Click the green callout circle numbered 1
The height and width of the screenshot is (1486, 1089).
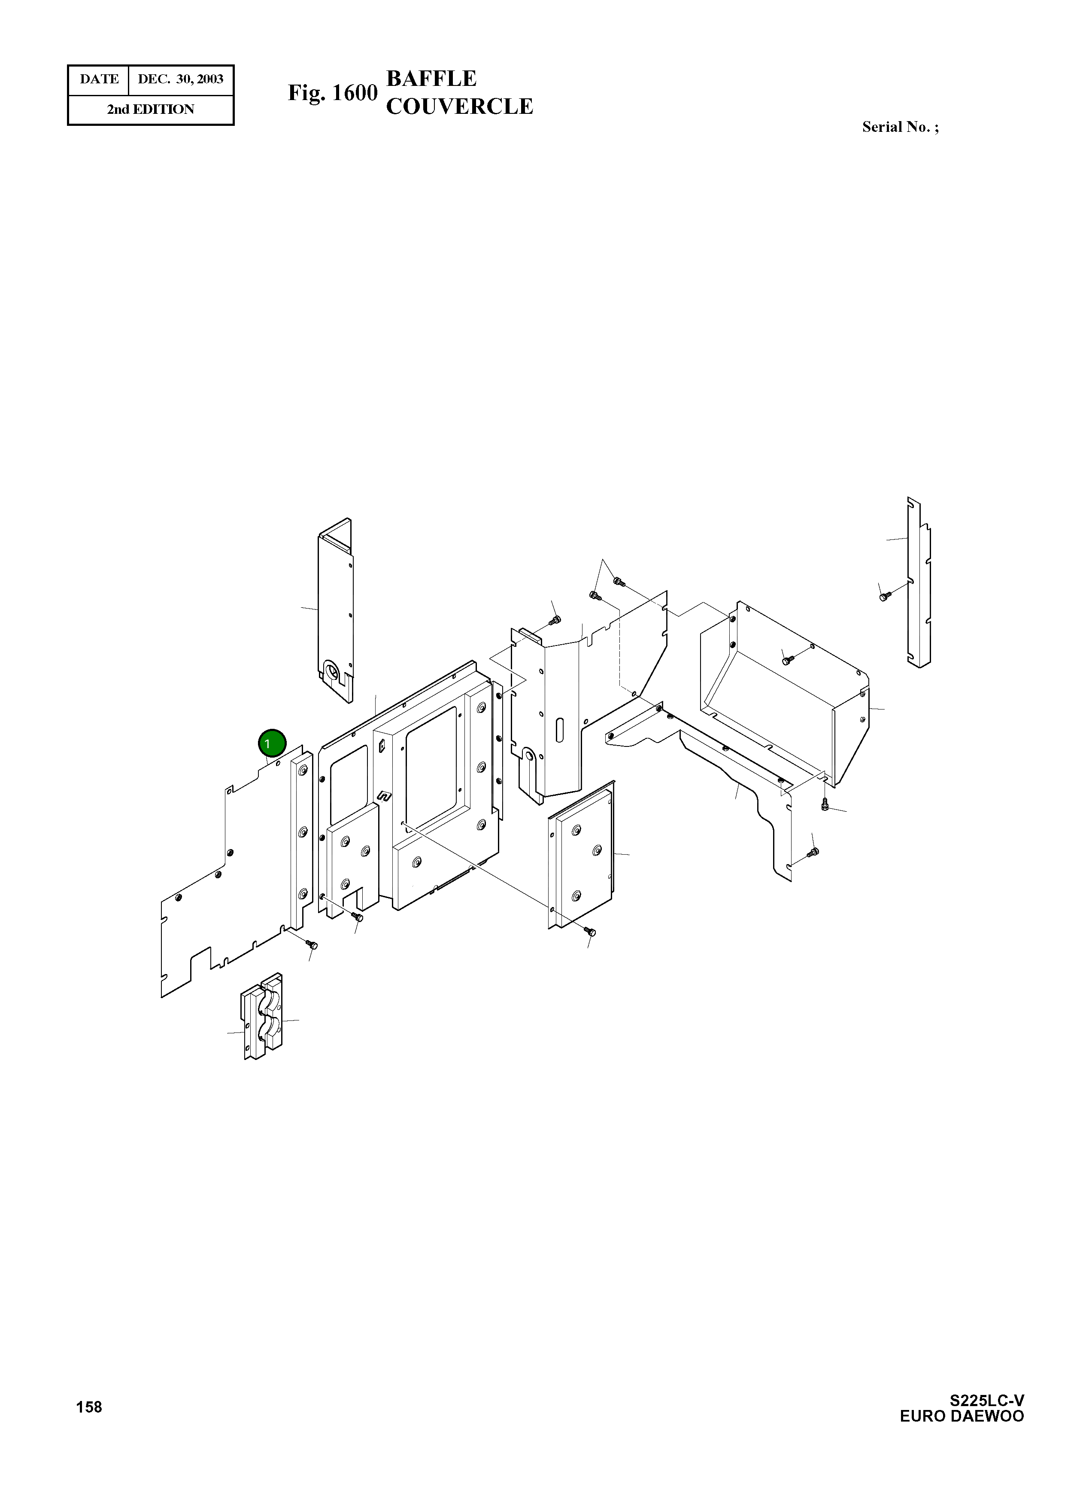(x=272, y=743)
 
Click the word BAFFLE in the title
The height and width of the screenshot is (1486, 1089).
(x=431, y=79)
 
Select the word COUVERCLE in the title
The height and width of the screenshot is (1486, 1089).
(x=459, y=106)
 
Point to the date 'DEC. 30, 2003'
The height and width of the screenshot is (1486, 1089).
(x=181, y=79)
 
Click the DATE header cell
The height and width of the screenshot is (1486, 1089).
(x=99, y=79)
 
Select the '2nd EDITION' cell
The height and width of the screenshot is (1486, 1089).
(x=151, y=110)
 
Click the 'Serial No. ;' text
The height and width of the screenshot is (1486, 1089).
(x=901, y=127)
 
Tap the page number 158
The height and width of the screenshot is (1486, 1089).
(x=89, y=1407)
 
